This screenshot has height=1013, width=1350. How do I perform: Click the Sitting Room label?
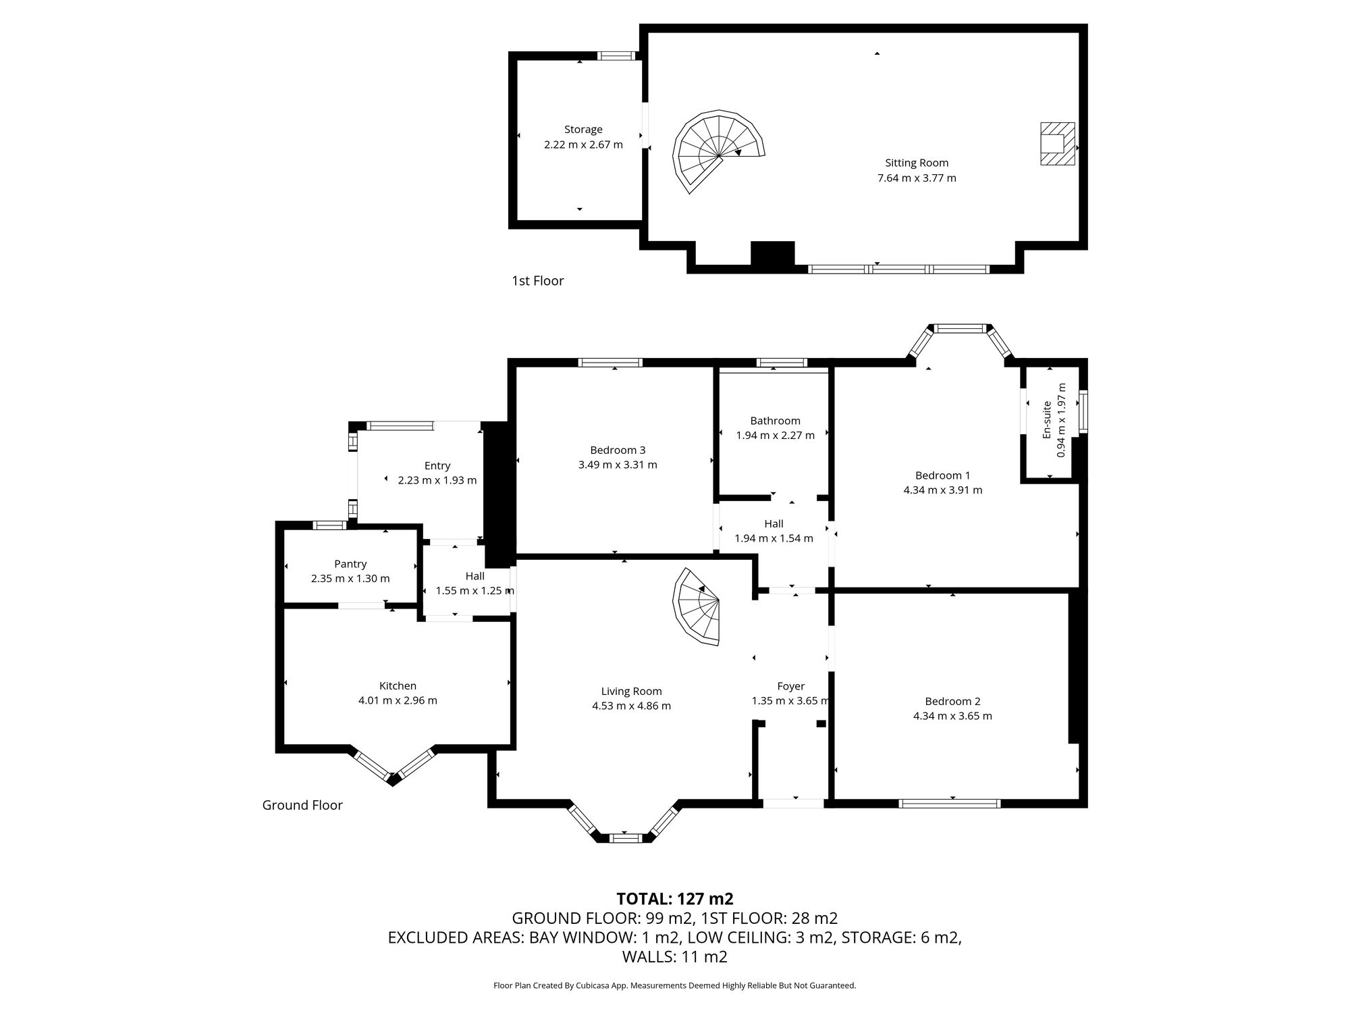click(x=917, y=163)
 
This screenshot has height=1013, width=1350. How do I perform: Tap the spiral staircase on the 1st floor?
click(x=717, y=150)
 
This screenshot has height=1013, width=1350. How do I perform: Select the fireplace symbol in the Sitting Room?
click(x=1056, y=143)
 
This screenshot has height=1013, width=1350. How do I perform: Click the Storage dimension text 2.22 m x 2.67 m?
click(x=583, y=145)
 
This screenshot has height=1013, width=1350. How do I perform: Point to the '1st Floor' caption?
click(x=537, y=281)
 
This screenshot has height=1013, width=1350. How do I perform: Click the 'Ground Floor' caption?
click(x=302, y=805)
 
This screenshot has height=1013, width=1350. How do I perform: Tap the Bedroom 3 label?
click(x=618, y=450)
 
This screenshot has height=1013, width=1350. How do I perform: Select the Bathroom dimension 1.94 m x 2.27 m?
click(x=775, y=436)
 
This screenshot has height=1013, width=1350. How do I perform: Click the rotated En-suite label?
click(x=1047, y=420)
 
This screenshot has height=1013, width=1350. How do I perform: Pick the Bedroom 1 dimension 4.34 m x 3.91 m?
click(x=942, y=490)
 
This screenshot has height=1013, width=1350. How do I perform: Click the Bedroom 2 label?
click(x=952, y=701)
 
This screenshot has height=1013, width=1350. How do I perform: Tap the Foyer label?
click(x=790, y=686)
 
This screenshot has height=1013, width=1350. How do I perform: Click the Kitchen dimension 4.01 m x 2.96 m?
click(x=398, y=700)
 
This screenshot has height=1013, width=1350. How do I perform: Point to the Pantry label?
click(x=350, y=564)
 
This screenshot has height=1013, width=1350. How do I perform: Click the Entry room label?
click(x=437, y=465)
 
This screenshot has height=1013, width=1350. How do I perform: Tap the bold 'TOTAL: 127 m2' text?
click(x=675, y=899)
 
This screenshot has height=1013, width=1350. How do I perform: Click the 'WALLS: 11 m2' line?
click(x=675, y=956)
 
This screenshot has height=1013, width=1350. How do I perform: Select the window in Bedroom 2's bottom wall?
click(x=949, y=803)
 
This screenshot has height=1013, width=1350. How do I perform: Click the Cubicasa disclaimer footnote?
click(x=675, y=986)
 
